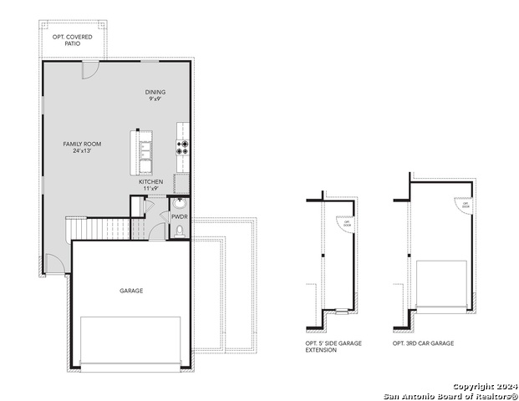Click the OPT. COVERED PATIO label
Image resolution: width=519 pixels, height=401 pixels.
(73, 38)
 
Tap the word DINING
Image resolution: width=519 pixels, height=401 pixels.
(155, 92)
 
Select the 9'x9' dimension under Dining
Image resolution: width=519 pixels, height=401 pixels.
(155, 99)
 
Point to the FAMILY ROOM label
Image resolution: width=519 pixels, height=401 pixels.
(82, 144)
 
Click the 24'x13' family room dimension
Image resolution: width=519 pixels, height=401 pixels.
(82, 150)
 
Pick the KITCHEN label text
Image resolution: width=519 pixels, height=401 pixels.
(151, 181)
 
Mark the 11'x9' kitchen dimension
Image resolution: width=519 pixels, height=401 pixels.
(151, 188)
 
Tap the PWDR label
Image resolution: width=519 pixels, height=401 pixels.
(180, 216)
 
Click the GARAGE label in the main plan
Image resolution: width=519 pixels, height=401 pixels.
(131, 291)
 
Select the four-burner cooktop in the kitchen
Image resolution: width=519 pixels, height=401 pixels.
(183, 147)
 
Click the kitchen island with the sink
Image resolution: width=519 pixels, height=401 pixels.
(145, 150)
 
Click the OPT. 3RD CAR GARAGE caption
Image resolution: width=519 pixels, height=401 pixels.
(424, 343)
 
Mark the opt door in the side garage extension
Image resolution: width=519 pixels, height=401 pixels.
(342, 222)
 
